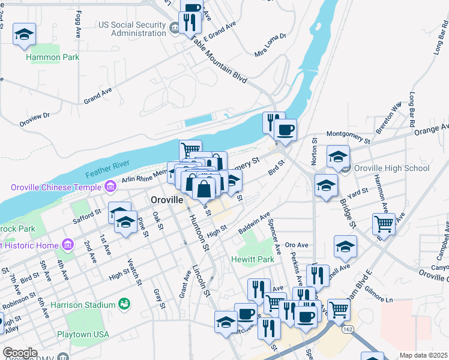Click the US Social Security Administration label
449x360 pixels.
point(132,29)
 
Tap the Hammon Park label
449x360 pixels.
point(53,58)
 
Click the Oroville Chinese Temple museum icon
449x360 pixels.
point(110,187)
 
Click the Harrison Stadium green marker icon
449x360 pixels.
point(124,305)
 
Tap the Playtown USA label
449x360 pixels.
point(83,334)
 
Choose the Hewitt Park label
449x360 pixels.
point(253,260)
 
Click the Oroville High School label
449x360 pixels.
point(391,168)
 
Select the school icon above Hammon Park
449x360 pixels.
point(24,34)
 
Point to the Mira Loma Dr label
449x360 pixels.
point(271,45)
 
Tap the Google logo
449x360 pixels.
point(19,353)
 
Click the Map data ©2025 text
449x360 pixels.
point(423,355)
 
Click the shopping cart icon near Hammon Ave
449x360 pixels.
point(384,224)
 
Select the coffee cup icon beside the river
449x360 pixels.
point(286,129)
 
